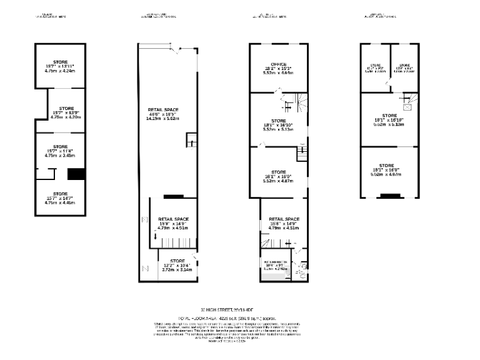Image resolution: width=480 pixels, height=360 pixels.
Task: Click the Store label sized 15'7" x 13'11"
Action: tap(60, 62)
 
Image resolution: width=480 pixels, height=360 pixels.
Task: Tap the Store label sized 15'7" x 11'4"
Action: tap(60, 146)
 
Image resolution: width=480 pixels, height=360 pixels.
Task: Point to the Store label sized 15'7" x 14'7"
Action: tap(60, 194)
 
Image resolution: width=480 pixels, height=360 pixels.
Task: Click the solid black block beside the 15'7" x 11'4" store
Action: tap(76, 174)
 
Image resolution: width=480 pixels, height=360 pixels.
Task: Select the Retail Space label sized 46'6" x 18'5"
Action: tap(163, 109)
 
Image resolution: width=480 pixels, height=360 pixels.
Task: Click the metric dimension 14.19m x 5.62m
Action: tap(163, 118)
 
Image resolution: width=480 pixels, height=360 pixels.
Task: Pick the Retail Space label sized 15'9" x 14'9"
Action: tap(172, 219)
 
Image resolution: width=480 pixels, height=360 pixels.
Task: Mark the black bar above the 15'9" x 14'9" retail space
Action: tap(173, 196)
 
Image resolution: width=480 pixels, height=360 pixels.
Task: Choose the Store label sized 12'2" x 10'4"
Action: tap(177, 261)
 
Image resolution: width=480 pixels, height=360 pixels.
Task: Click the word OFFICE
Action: tap(278, 65)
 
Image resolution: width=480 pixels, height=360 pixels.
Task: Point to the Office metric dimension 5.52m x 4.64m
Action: tap(278, 74)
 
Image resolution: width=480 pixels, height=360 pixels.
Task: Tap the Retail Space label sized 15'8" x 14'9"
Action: tap(284, 219)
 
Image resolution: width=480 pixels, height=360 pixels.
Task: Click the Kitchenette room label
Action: tap(275, 261)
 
